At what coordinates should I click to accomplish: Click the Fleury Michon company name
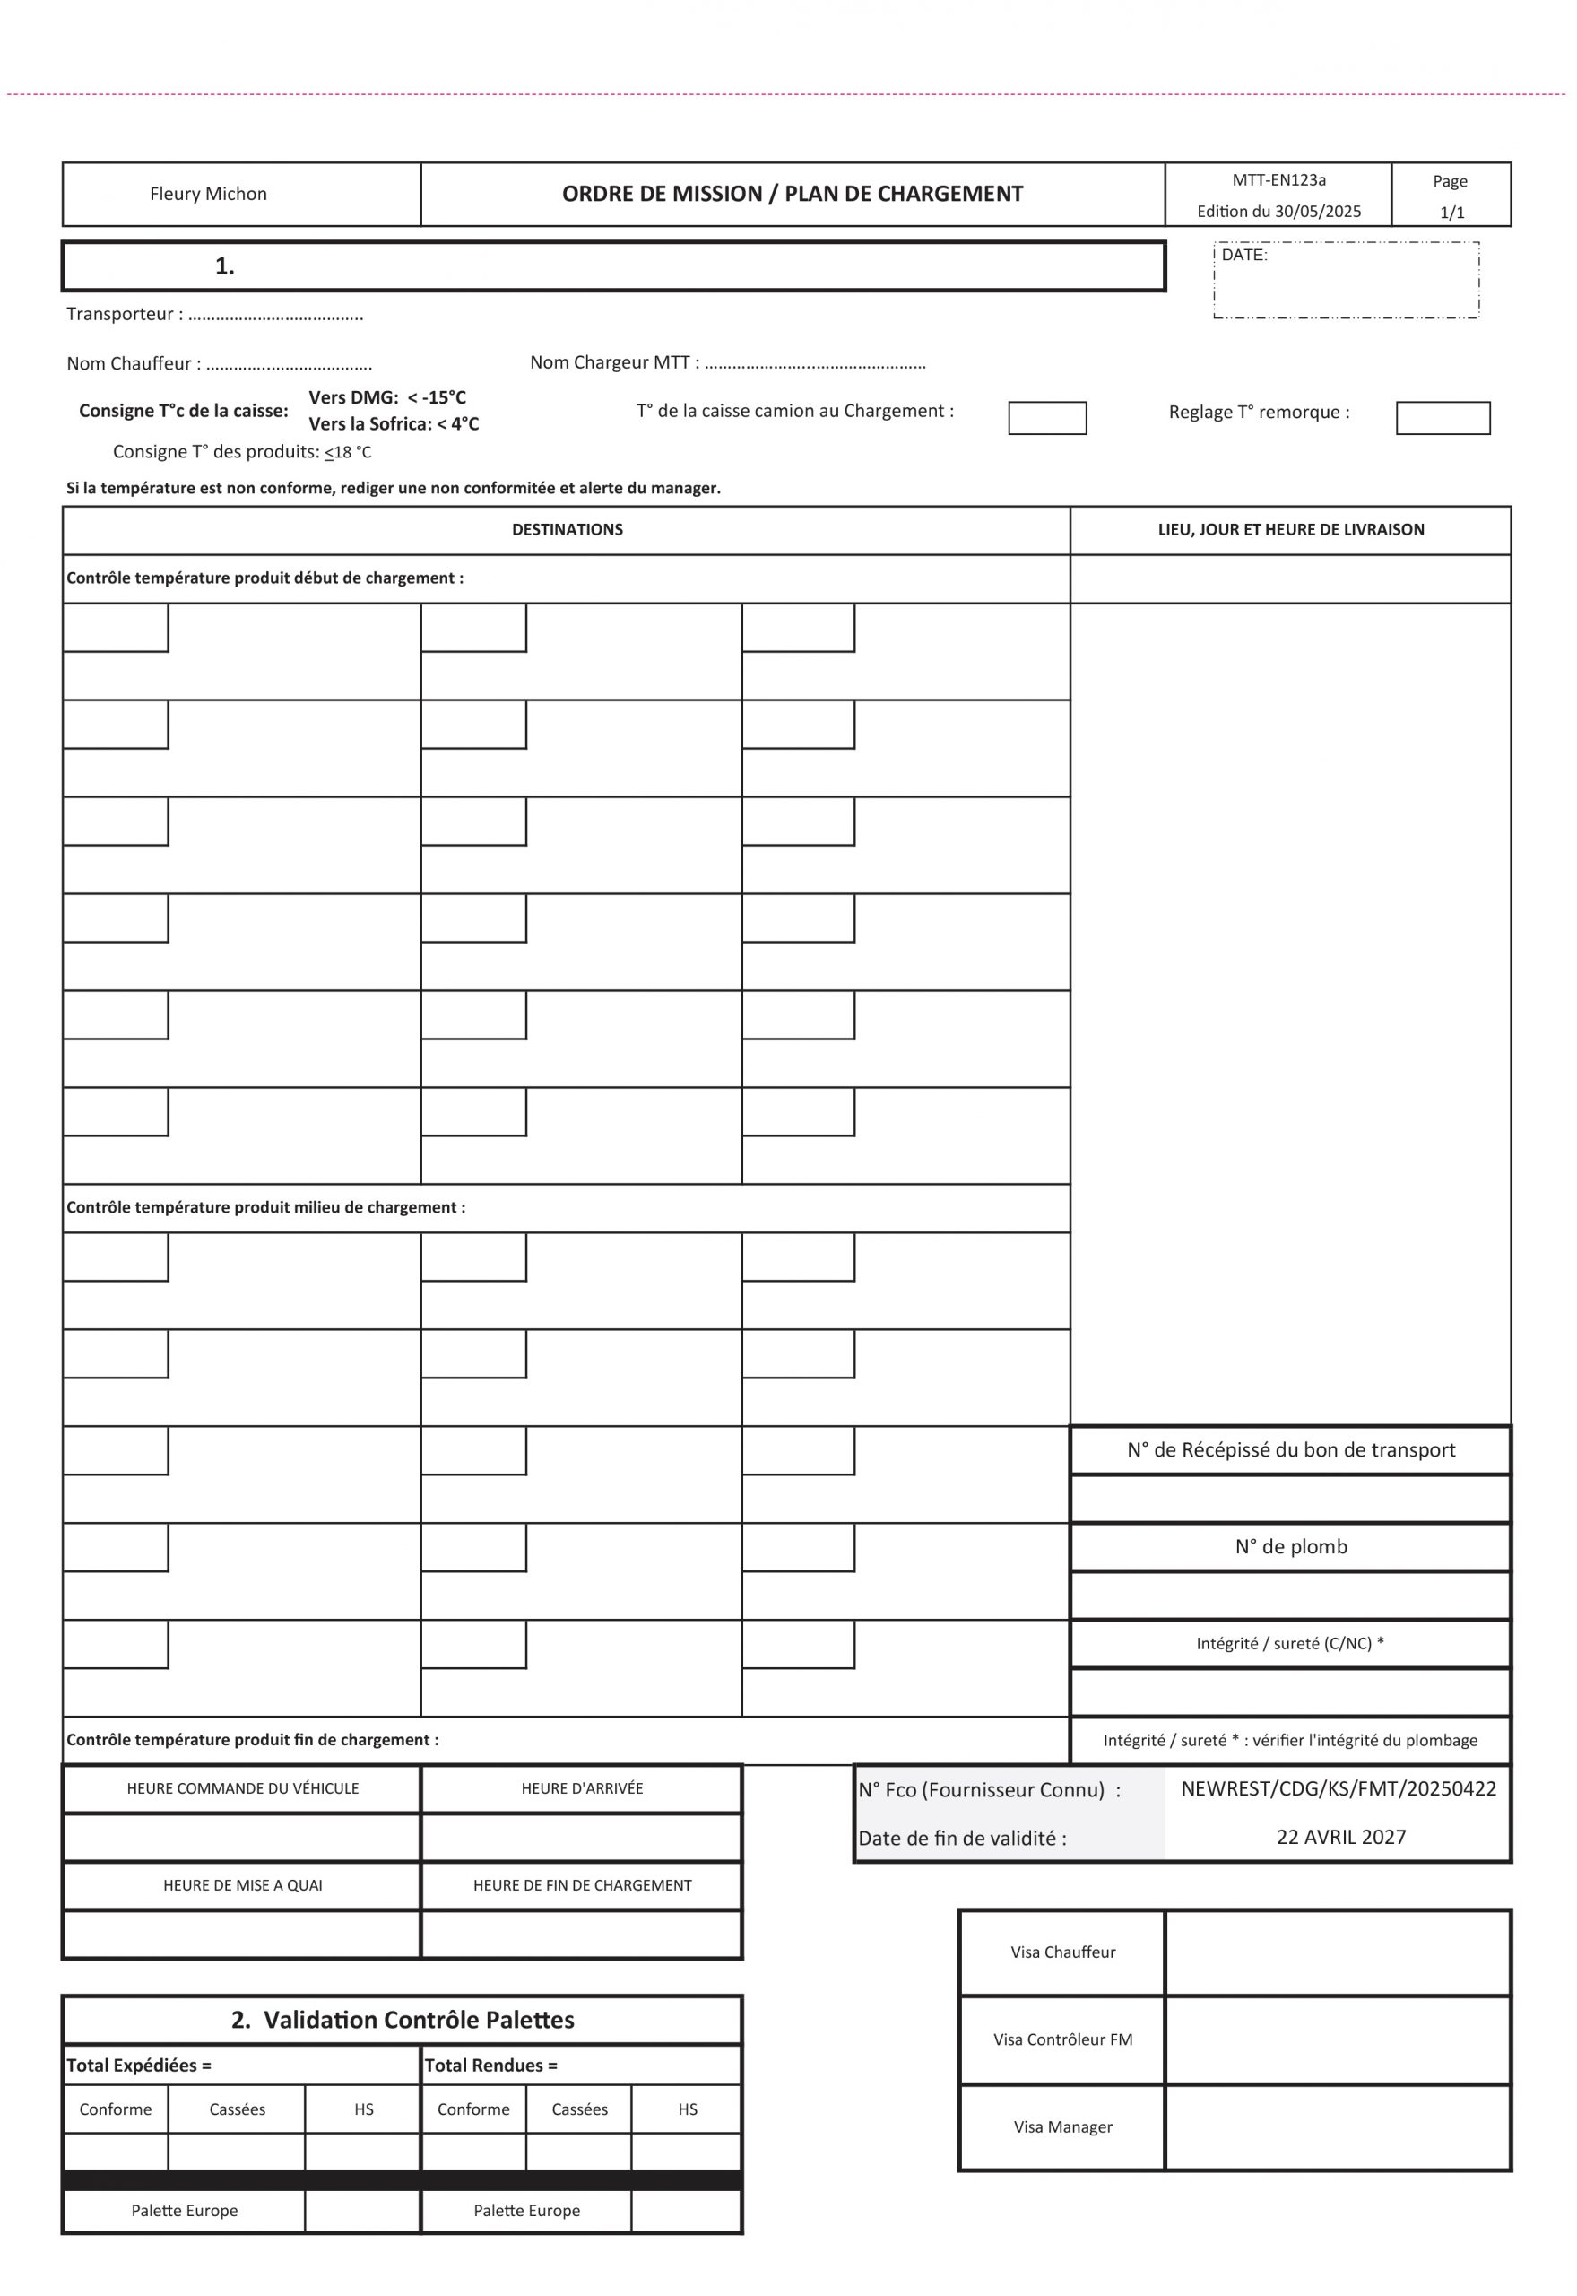pos(209,194)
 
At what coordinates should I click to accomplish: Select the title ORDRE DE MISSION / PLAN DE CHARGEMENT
pos(793,194)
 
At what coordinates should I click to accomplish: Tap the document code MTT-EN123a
pos(1278,180)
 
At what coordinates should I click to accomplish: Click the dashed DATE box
pos(1346,281)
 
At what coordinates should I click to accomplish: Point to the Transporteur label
pos(125,314)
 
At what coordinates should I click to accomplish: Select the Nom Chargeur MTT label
pos(613,362)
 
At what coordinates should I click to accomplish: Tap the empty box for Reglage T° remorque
pos(1443,418)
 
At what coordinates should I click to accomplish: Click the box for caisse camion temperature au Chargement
pos(1046,418)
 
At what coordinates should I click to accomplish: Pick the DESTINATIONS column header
pos(568,530)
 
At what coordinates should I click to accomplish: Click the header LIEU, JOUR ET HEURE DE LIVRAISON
pos(1290,530)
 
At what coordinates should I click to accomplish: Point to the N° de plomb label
pos(1290,1547)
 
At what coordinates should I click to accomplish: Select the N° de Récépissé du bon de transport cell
pos(1290,1450)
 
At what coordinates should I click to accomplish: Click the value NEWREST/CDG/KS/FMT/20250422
pos(1338,1788)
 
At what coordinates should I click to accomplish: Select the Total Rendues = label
pos(491,2066)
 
